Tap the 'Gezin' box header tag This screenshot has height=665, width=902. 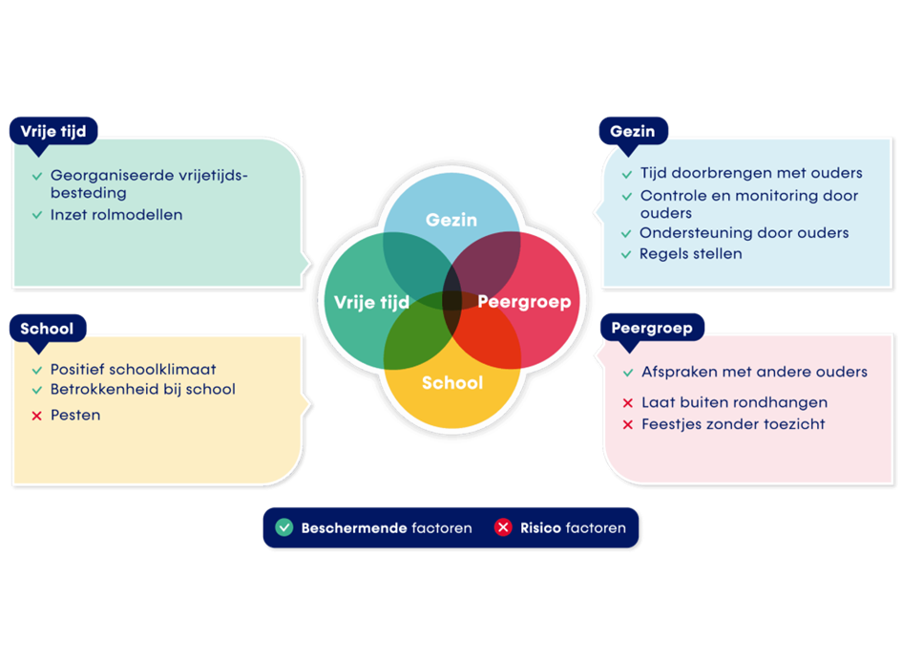[633, 131]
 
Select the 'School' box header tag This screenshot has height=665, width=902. [47, 329]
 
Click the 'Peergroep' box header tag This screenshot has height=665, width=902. [652, 328]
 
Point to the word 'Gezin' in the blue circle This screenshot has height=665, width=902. [451, 220]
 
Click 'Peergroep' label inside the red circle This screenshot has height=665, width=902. [524, 302]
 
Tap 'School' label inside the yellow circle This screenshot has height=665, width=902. [452, 382]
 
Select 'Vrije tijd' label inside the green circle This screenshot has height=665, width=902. [371, 302]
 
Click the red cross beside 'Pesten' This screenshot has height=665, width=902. [36, 416]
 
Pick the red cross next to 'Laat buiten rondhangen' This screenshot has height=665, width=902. [627, 403]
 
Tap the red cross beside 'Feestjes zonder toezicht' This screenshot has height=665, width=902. [627, 424]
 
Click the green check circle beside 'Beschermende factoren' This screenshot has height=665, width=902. [283, 527]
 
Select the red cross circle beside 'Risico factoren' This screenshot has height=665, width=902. [503, 527]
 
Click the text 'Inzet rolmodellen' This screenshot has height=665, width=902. [116, 215]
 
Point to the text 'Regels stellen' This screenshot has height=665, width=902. [690, 254]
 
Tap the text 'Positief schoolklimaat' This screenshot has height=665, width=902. [133, 369]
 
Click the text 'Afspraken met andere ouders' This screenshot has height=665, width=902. [754, 372]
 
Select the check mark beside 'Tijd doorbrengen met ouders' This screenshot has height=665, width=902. [626, 175]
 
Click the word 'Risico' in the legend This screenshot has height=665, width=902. [540, 527]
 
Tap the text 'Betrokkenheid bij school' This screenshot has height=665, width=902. [142, 389]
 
